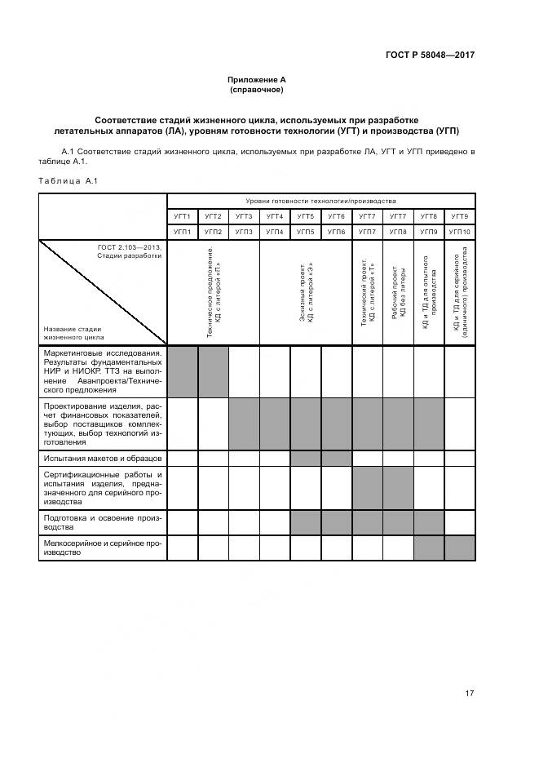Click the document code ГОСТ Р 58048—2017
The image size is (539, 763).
431,55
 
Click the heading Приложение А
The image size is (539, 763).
257,79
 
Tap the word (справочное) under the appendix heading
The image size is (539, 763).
257,89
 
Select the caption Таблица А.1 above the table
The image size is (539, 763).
68,180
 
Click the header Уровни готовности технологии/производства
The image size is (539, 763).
320,201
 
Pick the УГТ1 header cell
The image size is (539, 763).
182,216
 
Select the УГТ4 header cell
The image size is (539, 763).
275,216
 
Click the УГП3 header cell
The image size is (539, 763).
244,232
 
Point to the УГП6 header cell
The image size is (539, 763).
336,232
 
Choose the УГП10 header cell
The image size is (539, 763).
460,232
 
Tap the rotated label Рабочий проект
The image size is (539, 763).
398,293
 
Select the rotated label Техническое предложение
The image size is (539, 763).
213,293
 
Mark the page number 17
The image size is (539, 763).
470,694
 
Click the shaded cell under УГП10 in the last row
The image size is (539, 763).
460,548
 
